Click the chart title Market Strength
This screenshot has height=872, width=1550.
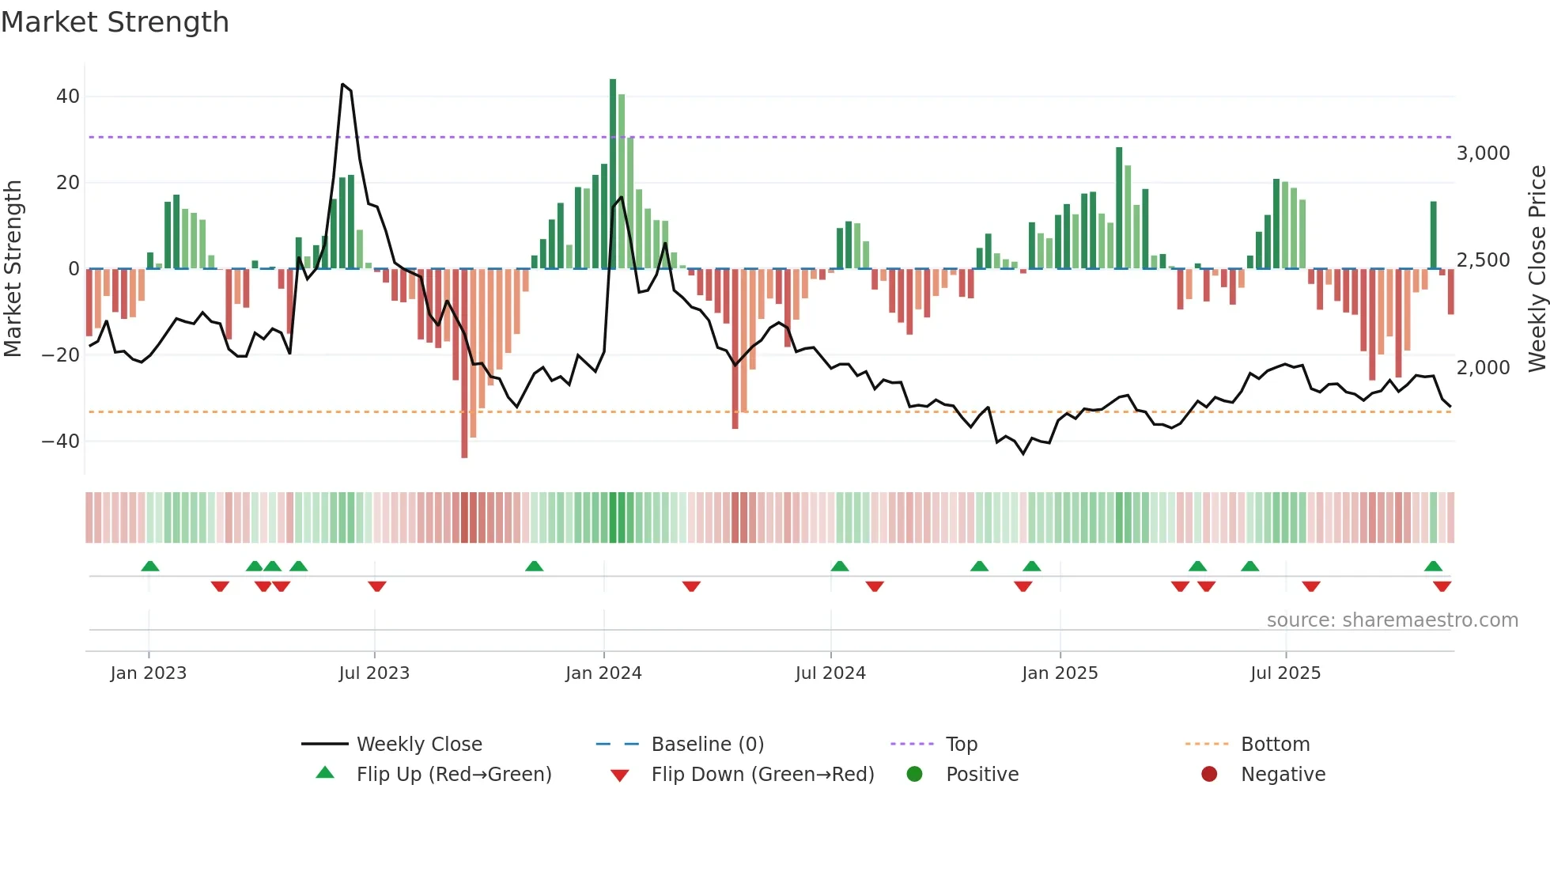click(x=115, y=22)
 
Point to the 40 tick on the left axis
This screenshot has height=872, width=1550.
click(x=68, y=97)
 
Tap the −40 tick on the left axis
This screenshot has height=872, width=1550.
click(x=61, y=442)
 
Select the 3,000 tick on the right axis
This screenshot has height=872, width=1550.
click(x=1483, y=154)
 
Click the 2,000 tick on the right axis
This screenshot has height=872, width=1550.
click(x=1483, y=368)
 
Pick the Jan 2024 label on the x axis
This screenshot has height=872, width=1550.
click(x=603, y=673)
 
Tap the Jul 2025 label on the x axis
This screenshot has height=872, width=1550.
click(x=1285, y=673)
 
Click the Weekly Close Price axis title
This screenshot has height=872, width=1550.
click(x=1537, y=268)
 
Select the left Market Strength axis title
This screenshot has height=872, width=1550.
click(x=13, y=268)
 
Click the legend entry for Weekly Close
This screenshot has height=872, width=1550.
click(x=419, y=745)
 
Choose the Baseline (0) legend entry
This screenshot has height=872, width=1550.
click(x=707, y=745)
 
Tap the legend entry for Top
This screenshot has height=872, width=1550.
click(x=962, y=745)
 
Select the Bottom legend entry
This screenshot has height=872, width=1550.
click(x=1275, y=745)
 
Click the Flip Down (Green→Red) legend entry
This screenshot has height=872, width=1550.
click(x=762, y=775)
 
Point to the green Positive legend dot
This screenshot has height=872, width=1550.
click(x=915, y=775)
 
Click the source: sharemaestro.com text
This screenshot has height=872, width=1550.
click(x=1392, y=620)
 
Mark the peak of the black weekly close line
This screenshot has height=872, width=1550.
click(x=342, y=84)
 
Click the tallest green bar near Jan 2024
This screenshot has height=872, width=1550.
click(x=613, y=174)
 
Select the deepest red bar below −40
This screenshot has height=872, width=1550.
click(x=464, y=364)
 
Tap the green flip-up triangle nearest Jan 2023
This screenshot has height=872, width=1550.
click(x=150, y=566)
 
